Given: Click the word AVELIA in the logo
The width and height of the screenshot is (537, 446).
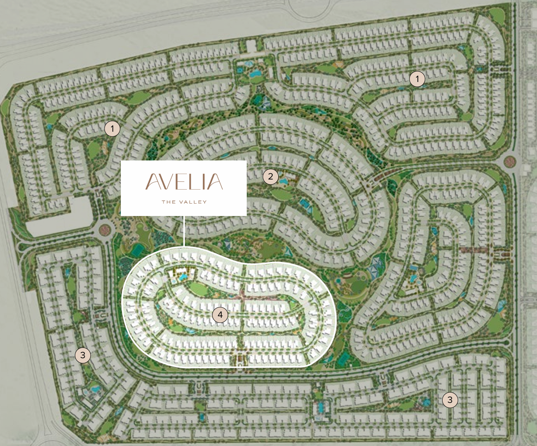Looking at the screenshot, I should click(184, 182).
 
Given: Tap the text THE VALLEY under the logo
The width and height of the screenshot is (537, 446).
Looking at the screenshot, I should click(184, 202).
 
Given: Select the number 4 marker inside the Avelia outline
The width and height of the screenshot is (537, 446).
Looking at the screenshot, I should click(220, 315).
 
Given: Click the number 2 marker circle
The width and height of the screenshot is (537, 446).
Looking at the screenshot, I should click(270, 177).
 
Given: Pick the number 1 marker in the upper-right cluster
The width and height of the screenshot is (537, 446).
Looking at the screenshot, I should click(417, 79).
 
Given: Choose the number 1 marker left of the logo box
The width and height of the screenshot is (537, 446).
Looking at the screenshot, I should click(112, 128).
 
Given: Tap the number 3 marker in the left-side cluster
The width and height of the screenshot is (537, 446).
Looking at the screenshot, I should click(82, 355).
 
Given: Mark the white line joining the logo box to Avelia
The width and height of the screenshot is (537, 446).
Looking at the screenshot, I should click(183, 231).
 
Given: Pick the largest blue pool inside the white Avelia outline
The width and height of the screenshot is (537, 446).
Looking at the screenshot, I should click(183, 277).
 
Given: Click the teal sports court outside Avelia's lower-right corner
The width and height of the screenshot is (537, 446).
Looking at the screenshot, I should click(342, 360).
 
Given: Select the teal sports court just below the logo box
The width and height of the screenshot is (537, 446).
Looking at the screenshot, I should click(137, 251).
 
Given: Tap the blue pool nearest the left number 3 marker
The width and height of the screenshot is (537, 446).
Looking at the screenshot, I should click(94, 388).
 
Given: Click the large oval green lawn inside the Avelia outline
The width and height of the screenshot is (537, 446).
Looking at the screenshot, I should click(199, 289).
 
